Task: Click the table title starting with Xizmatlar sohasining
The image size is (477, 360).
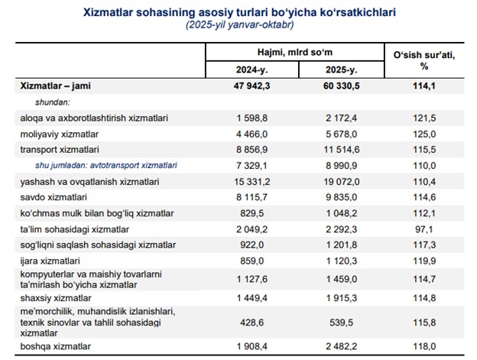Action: pos(238,13)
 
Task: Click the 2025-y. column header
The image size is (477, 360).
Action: pos(339,70)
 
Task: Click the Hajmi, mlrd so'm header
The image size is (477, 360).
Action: pos(295,52)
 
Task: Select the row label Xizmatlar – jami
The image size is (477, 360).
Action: pos(55,86)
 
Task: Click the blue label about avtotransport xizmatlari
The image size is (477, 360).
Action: pos(106,164)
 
